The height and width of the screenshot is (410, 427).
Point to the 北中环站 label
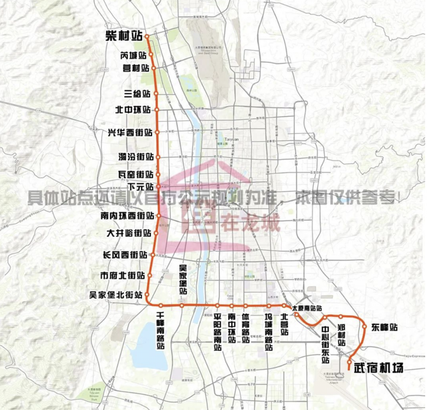tap(133, 111)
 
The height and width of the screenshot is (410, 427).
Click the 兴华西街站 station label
tap(130, 132)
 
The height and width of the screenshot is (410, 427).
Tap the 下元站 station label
tap(140, 187)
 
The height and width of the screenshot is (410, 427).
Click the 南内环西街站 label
tap(126, 216)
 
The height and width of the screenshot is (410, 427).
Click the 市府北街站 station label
tap(123, 276)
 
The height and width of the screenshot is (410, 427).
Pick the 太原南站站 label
tap(308, 308)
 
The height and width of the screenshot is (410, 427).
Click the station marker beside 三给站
tap(156, 93)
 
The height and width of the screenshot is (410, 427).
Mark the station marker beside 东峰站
tap(363, 327)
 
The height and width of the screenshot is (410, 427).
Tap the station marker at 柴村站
tap(147, 37)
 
